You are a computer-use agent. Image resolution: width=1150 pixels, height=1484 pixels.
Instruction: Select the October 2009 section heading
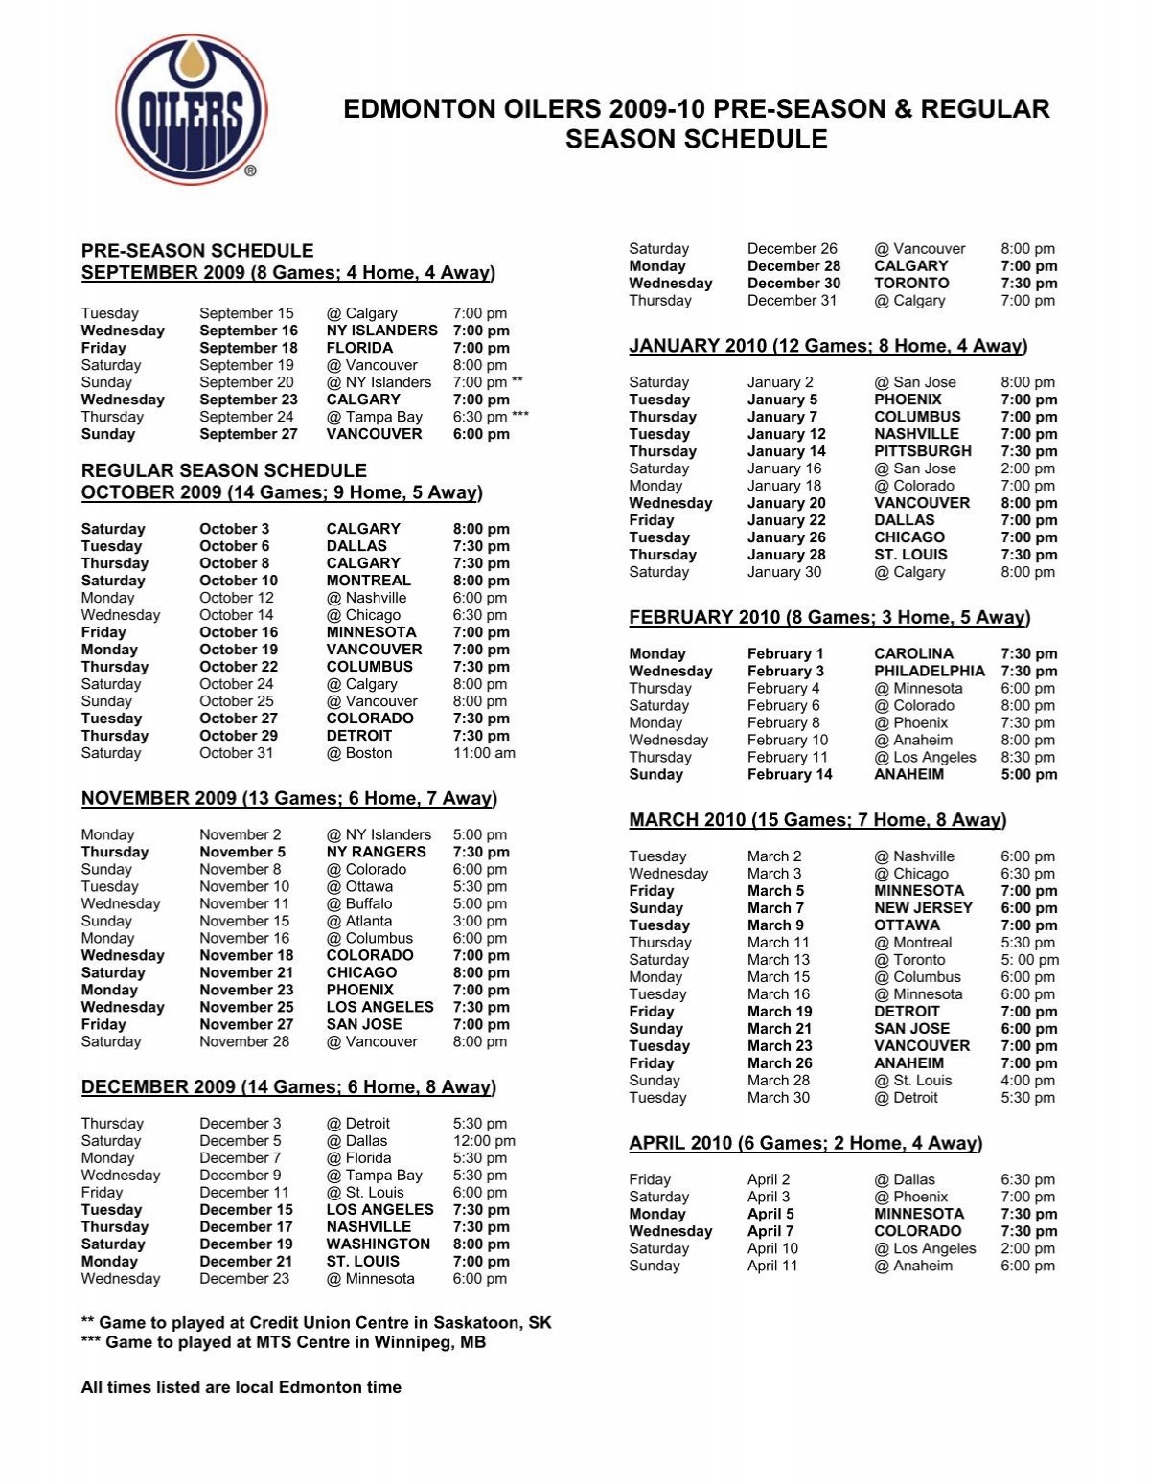pos(282,493)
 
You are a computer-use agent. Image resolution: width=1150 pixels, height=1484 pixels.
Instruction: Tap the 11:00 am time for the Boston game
pos(484,753)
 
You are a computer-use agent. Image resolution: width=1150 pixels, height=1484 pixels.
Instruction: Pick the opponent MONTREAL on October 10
pos(368,581)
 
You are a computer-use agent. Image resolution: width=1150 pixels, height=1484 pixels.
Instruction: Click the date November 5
pos(242,852)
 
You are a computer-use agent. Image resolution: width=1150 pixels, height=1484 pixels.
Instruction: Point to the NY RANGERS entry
pos(376,852)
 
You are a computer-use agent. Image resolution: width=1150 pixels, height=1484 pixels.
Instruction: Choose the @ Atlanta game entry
pos(359,921)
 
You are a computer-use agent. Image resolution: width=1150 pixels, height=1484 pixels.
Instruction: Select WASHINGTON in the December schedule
pos(378,1244)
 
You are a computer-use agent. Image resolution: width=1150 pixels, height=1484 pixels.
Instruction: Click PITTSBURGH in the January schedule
pos(923,451)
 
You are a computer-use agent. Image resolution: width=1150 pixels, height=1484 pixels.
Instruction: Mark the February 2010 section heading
pos(829,618)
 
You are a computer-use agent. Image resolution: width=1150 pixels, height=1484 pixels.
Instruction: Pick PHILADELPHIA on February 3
pos(930,672)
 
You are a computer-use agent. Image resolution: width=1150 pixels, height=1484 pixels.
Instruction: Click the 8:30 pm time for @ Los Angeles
pos(1028,758)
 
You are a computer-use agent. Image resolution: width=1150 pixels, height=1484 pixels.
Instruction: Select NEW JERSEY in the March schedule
pos(923,908)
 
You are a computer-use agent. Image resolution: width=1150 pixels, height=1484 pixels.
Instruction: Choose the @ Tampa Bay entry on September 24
pos(374,417)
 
